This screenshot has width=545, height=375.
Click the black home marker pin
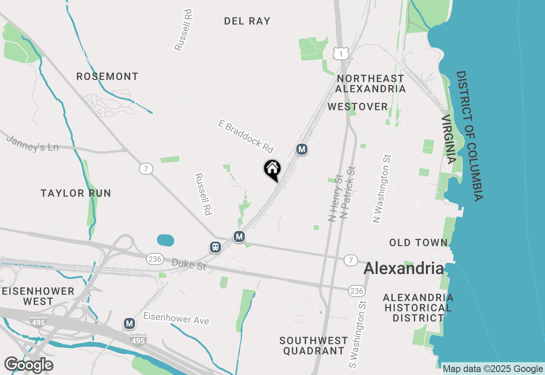(x=272, y=170)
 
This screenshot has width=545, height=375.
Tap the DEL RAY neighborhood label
(x=247, y=21)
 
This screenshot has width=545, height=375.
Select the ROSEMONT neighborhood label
(x=107, y=77)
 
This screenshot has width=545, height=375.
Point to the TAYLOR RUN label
(x=76, y=193)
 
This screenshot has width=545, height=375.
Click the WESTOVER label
(x=358, y=107)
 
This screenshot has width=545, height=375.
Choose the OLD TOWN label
(x=418, y=243)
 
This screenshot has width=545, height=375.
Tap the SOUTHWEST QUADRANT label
(x=314, y=346)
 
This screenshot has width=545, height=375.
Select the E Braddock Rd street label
(x=245, y=136)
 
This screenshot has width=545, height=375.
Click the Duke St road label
(x=189, y=264)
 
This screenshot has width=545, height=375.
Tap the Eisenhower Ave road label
(x=176, y=318)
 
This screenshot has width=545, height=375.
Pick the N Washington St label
(x=382, y=188)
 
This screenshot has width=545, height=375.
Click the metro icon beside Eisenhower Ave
(x=129, y=324)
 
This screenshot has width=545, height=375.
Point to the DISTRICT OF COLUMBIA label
(x=470, y=136)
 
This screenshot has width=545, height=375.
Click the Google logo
(x=29, y=365)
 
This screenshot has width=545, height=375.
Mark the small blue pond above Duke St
(x=166, y=240)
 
